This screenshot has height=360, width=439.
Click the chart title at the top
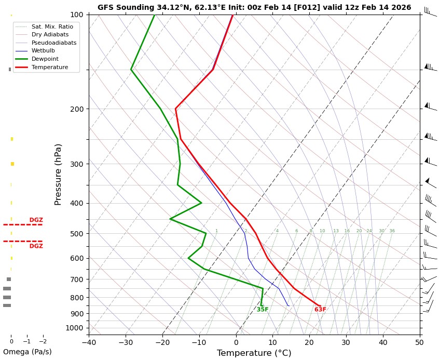point(254,7)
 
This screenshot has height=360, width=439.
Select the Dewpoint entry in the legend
point(46,59)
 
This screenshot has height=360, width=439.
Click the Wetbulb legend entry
point(44,51)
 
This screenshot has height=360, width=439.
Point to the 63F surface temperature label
point(320,310)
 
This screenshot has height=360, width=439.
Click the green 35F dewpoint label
point(263,310)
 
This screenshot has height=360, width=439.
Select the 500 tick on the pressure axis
point(76,234)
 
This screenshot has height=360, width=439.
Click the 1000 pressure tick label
point(74,328)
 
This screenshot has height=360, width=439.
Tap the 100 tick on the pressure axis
point(76,15)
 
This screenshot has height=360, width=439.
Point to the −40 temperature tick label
point(89,342)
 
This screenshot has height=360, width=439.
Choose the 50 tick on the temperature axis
point(420,342)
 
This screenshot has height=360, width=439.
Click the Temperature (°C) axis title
point(254,353)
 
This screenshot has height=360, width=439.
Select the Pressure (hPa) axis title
point(58,174)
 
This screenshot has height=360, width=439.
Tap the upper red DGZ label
point(36,220)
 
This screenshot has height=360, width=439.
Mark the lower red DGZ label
point(36,246)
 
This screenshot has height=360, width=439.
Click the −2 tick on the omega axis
point(43,341)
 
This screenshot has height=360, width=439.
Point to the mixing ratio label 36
point(392,231)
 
